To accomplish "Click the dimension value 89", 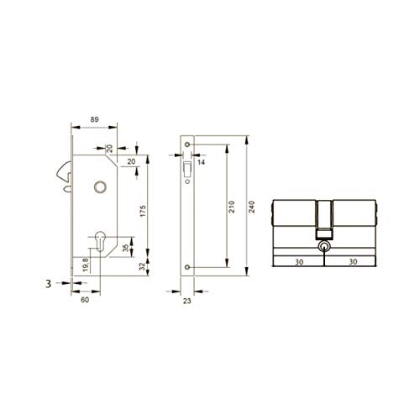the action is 94,119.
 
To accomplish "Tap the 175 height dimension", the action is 143,211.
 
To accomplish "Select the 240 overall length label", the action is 252,207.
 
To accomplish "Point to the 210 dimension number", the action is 232,207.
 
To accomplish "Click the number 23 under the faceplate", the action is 186,301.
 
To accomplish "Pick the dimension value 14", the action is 201,162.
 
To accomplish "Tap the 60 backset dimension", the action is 85,300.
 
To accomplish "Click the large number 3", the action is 49,284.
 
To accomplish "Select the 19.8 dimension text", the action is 86,265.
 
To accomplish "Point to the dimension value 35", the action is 126,248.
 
